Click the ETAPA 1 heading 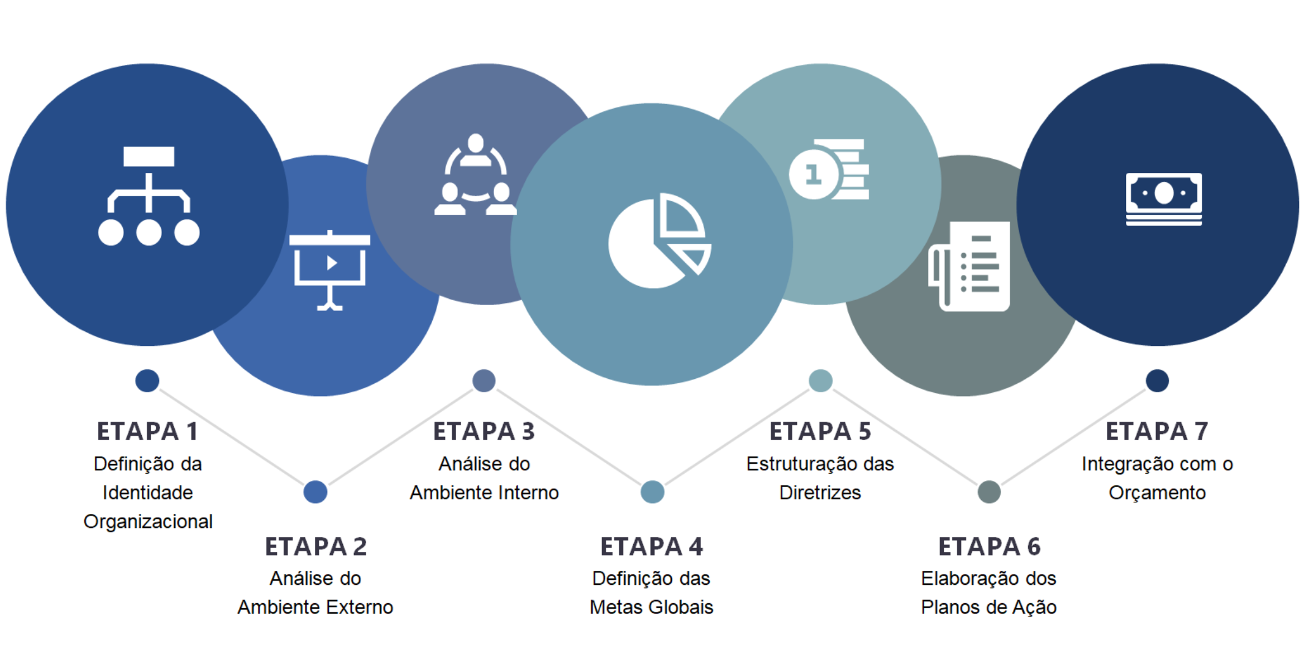[x=147, y=431]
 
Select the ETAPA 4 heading [x=652, y=546]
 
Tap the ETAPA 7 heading [x=1157, y=431]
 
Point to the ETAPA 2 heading [x=315, y=546]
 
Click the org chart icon [x=149, y=196]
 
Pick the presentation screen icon [x=329, y=270]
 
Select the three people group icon [x=476, y=175]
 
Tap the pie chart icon [x=660, y=241]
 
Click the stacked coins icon [x=829, y=169]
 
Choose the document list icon [x=969, y=266]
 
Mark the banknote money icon [x=1164, y=199]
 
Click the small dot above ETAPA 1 [x=147, y=381]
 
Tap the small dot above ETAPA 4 [x=652, y=492]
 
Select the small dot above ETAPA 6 [x=989, y=492]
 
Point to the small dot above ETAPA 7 [x=1157, y=381]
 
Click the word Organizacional [x=148, y=521]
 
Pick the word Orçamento [x=1157, y=493]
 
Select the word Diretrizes [x=820, y=493]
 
